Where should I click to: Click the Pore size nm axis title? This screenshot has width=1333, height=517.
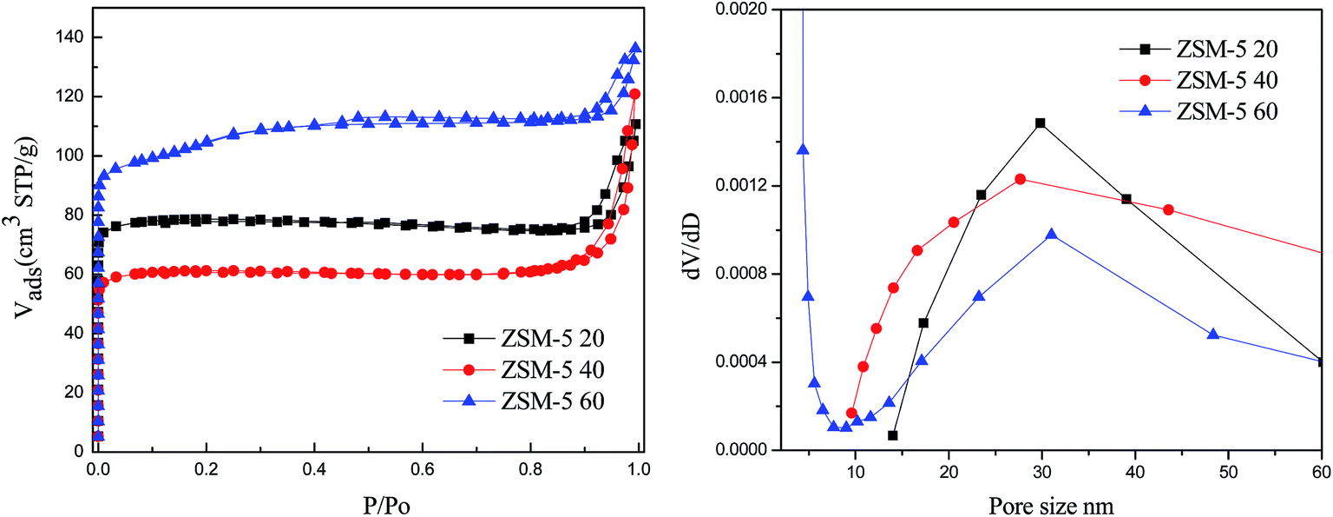point(1054,502)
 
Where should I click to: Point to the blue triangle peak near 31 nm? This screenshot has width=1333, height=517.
point(1051,234)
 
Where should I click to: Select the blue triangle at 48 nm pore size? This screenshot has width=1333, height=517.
point(1213,334)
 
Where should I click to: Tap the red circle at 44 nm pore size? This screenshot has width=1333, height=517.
point(1168,209)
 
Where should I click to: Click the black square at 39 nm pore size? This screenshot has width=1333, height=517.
point(1126,199)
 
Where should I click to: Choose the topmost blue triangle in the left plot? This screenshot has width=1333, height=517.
point(635,47)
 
